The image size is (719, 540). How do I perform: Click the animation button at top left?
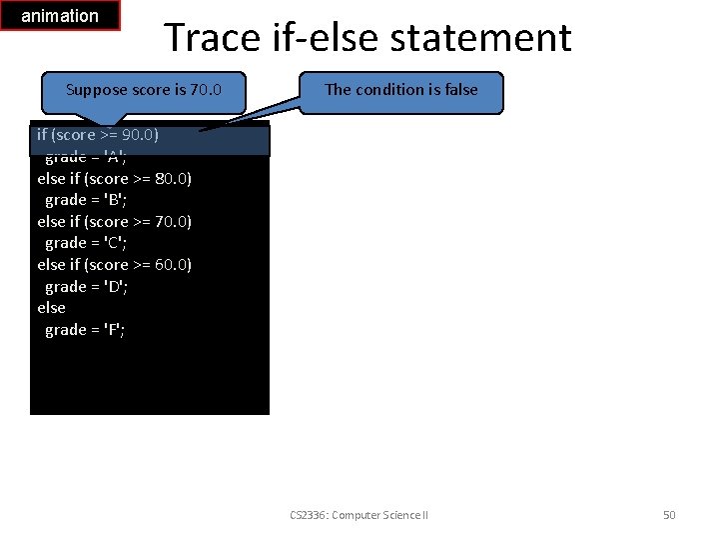click(60, 16)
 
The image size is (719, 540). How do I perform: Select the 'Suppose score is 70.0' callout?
click(143, 90)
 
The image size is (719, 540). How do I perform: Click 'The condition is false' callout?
click(401, 90)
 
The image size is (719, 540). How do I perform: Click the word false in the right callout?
click(459, 90)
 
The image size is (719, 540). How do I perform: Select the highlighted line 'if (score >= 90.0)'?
click(98, 135)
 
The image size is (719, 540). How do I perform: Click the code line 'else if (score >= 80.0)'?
click(114, 179)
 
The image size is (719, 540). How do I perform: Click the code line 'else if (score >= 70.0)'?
click(114, 222)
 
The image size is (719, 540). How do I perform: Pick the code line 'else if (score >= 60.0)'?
click(114, 265)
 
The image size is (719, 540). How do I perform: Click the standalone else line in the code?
click(51, 308)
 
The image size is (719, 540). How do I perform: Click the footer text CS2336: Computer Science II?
click(359, 515)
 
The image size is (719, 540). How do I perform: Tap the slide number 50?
click(669, 515)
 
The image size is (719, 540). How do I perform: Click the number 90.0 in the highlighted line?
click(139, 135)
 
